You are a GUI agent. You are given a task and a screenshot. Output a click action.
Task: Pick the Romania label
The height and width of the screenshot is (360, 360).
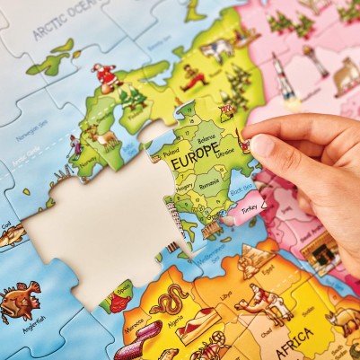[x=207, y=184]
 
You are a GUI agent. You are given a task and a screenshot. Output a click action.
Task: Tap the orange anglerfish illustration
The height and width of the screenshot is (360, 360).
[x=20, y=300]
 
